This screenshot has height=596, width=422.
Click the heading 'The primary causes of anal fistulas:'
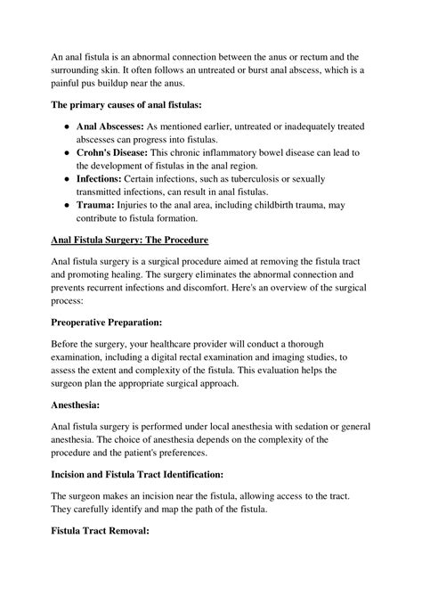(126, 105)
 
